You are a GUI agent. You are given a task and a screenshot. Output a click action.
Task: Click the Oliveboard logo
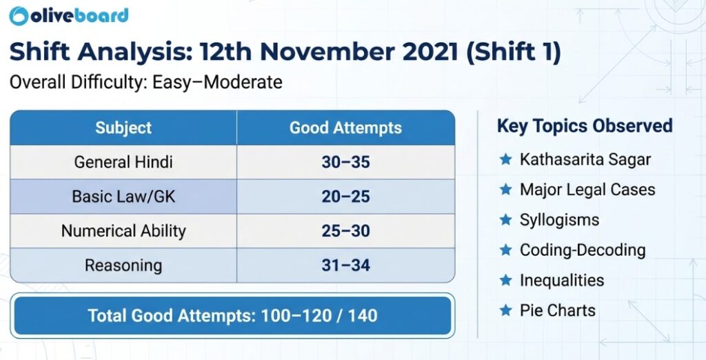coord(70,16)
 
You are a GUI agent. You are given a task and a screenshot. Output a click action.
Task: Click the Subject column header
coord(123,128)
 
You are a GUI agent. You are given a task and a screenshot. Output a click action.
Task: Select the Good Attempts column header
coord(345,128)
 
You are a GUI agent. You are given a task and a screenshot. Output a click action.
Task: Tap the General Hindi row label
coord(123,163)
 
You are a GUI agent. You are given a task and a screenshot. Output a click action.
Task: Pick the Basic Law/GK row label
coord(123,197)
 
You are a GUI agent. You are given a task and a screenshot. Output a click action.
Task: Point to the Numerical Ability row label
coord(123,231)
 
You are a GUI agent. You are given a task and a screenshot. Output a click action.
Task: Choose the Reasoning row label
coord(123,266)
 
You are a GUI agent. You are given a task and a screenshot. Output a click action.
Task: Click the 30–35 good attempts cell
coord(345,163)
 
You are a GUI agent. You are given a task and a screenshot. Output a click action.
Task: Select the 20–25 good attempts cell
coord(345,197)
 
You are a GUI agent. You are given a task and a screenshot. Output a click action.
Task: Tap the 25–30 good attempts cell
coord(345,231)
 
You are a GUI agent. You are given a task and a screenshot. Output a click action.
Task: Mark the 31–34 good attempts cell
coord(345,266)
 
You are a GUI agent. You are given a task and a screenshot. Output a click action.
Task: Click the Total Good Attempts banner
coord(232,316)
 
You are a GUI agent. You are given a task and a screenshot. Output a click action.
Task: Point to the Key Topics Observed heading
coord(585,126)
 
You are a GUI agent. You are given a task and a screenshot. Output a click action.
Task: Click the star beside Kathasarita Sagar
coord(505,160)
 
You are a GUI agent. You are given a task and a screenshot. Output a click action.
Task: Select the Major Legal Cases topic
coord(587,190)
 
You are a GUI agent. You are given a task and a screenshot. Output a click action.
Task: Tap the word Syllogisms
coord(559,220)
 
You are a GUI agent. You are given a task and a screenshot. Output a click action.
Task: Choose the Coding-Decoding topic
coord(583,250)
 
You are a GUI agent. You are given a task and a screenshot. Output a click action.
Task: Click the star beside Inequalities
coord(505,281)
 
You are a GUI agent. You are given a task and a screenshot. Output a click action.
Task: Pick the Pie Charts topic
coord(557,310)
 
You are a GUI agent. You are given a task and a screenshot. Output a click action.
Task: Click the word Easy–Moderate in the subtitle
coord(230,83)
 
